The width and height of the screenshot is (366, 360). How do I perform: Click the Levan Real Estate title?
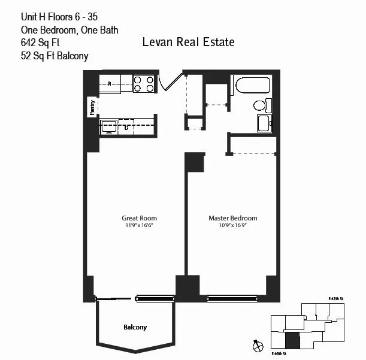point(188,43)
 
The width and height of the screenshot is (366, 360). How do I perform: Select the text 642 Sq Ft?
point(41,43)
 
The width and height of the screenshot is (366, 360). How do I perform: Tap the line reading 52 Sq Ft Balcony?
point(54,57)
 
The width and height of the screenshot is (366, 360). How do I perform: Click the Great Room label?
point(139,218)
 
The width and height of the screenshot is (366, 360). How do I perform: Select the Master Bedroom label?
point(232,218)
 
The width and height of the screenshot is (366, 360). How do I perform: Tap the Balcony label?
point(135,328)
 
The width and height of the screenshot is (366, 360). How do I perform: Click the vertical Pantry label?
point(92,107)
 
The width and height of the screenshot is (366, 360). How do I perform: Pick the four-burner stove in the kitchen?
point(144,83)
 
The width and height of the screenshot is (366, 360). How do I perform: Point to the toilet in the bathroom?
point(260,105)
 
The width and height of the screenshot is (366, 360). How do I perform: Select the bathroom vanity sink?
point(264,124)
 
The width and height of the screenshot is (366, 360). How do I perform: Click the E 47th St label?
point(338,298)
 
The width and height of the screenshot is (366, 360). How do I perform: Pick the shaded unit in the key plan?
point(292,341)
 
